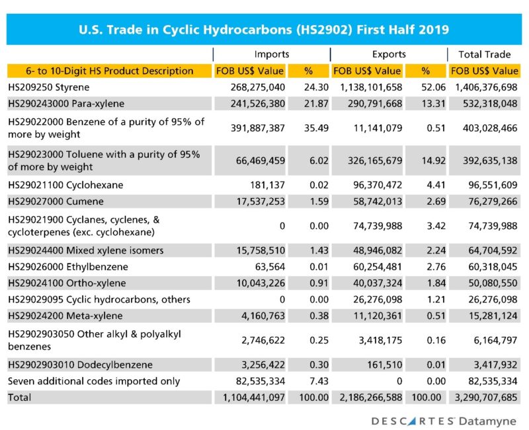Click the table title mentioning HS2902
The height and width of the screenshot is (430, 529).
point(264,30)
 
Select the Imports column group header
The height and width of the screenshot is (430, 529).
point(271,54)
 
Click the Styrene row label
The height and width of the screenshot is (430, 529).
point(48,87)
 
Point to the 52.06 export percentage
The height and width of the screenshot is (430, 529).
point(429,87)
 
